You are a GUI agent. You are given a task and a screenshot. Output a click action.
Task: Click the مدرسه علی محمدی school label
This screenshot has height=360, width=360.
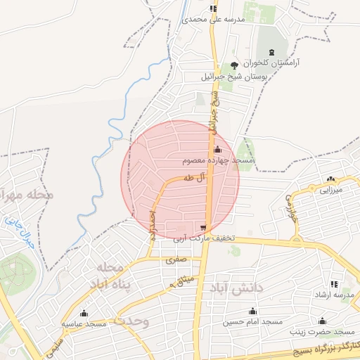[x=213, y=20]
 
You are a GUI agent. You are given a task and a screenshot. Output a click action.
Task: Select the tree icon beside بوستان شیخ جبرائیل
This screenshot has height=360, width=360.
[x=234, y=65]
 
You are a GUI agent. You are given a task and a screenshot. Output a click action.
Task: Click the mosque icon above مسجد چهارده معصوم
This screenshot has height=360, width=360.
[x=217, y=149]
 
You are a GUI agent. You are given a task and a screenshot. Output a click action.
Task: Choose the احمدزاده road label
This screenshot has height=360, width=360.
[x=152, y=224]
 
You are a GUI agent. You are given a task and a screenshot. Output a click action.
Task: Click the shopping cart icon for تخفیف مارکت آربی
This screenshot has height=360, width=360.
[x=203, y=227]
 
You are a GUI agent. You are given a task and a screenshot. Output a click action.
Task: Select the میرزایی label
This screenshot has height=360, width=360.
[x=330, y=190]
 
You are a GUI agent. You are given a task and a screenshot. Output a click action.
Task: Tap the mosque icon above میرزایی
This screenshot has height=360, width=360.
[x=330, y=179]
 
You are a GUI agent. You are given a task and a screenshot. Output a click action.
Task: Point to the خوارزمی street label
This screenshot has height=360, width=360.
[x=290, y=210]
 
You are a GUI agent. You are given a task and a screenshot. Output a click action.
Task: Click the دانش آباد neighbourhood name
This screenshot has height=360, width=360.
[x=234, y=288]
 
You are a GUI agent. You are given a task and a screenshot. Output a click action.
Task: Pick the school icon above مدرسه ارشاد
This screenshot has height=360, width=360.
[x=333, y=284]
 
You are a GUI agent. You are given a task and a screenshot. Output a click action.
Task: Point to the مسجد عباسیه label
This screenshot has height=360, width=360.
[x=84, y=324]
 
